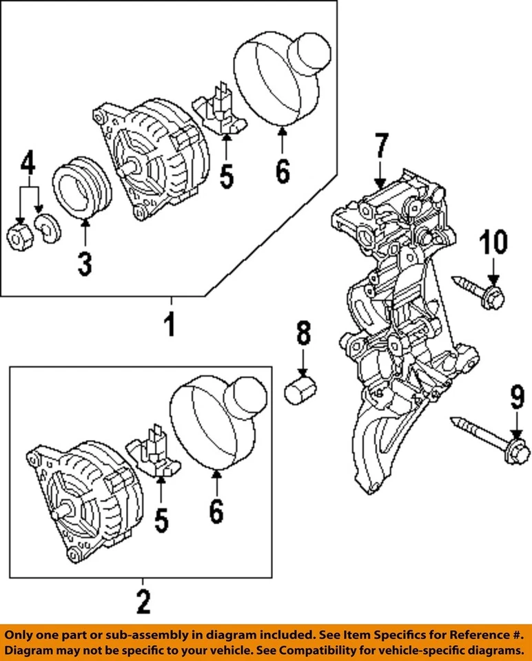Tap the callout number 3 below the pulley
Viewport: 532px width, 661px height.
click(x=84, y=264)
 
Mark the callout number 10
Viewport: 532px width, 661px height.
click(x=494, y=243)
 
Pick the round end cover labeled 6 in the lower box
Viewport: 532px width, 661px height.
click(x=214, y=420)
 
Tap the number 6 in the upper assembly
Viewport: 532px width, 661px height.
click(x=283, y=171)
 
